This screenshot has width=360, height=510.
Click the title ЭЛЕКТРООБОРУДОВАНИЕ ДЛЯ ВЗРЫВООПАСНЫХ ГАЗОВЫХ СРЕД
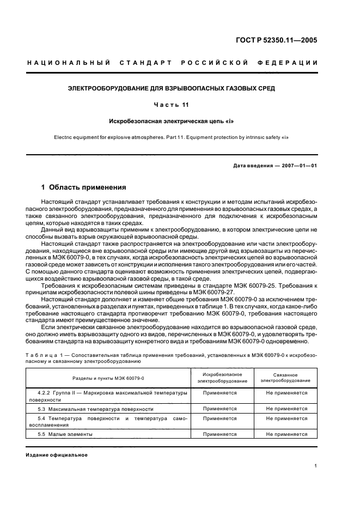coord(171,88)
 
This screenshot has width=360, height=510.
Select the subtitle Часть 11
coord(171,105)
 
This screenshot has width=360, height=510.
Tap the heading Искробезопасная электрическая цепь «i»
coord(171,122)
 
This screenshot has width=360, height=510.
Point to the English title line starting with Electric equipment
coord(171,137)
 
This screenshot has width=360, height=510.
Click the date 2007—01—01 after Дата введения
coord(298,166)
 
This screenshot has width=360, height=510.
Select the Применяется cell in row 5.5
coord(219,434)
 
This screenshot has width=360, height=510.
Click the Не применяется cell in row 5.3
coord(286,409)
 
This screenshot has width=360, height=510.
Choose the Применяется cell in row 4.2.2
coord(219,392)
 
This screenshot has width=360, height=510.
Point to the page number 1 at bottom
coord(316,466)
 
